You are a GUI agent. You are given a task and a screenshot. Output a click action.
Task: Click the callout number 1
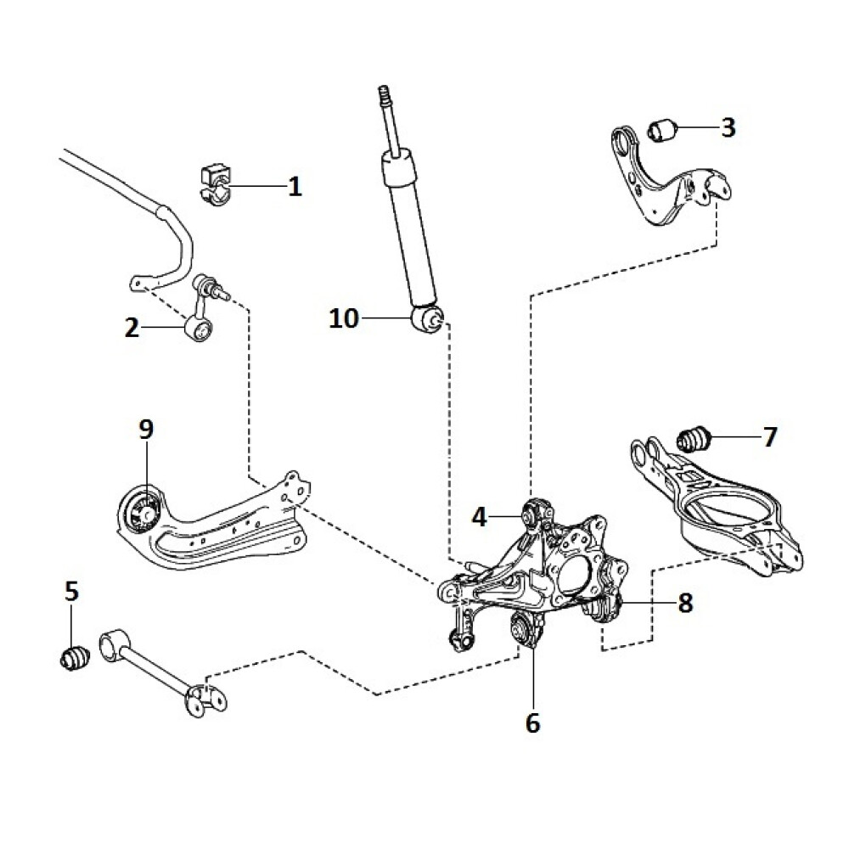pyautogui.click(x=295, y=186)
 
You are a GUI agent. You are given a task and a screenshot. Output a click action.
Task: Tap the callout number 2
pyautogui.click(x=132, y=328)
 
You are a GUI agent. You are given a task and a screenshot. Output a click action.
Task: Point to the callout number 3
pyautogui.click(x=728, y=127)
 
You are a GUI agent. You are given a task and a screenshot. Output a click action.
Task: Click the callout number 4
pyautogui.click(x=480, y=516)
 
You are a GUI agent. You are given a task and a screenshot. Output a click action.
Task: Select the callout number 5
pyautogui.click(x=71, y=591)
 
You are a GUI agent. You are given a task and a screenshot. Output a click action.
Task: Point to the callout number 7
pyautogui.click(x=769, y=438)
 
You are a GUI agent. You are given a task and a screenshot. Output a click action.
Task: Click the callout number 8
pyautogui.click(x=685, y=603)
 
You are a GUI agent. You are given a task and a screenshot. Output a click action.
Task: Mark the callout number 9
pyautogui.click(x=146, y=430)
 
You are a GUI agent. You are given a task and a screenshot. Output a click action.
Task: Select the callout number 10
pyautogui.click(x=344, y=319)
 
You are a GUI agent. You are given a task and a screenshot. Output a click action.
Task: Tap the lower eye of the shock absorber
pyautogui.click(x=427, y=319)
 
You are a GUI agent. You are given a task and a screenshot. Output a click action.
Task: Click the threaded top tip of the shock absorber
pyautogui.click(x=384, y=92)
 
